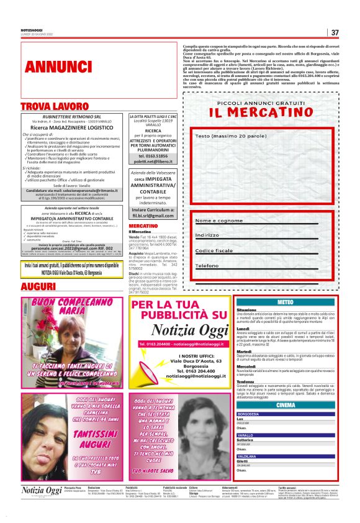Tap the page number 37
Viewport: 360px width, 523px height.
tap(335, 32)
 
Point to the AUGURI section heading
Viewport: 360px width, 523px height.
tap(38, 286)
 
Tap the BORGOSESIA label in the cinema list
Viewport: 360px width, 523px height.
tap(248, 414)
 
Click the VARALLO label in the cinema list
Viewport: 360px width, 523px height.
tap(245, 435)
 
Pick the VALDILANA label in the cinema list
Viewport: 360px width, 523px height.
tap(246, 457)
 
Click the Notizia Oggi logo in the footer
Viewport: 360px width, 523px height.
tap(42, 491)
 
